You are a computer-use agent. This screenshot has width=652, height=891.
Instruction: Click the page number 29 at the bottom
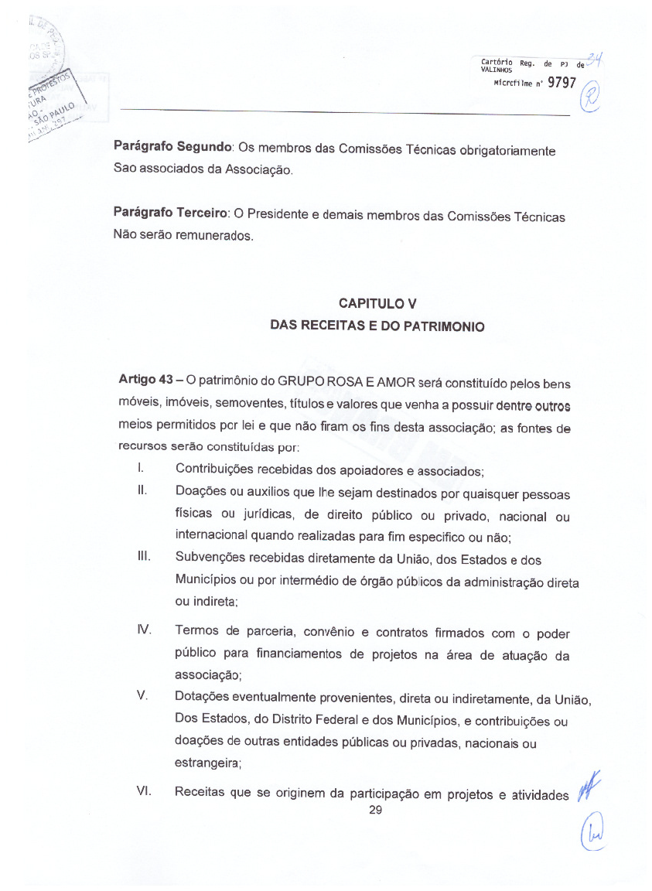[x=377, y=810]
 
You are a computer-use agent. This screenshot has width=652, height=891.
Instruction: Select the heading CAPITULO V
[x=377, y=303]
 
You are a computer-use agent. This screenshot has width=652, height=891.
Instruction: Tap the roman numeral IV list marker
[x=143, y=633]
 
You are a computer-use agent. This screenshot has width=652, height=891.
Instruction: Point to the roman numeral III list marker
[x=142, y=557]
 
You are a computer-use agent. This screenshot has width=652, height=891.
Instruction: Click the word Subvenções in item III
[x=210, y=558]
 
